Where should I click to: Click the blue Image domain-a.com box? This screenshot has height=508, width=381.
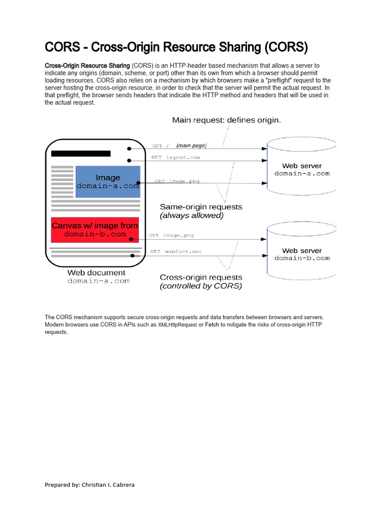click(x=108, y=182)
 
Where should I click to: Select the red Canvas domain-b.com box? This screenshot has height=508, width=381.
click(x=95, y=230)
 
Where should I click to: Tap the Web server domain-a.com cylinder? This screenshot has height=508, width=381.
click(x=302, y=169)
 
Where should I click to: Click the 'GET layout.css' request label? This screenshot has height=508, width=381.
click(x=176, y=157)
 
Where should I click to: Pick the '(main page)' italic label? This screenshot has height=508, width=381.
click(x=191, y=145)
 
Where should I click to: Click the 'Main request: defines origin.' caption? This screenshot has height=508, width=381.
click(x=226, y=120)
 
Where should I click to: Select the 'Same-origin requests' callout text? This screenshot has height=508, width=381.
click(x=201, y=206)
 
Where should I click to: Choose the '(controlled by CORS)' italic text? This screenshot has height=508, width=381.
click(x=200, y=286)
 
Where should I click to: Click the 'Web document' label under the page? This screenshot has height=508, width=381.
click(x=96, y=272)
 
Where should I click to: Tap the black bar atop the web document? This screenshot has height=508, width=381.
click(x=80, y=153)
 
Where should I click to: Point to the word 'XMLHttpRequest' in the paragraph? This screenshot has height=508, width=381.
click(x=178, y=325)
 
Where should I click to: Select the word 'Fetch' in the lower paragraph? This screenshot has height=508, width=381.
click(x=212, y=325)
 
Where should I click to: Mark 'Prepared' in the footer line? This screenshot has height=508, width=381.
click(x=57, y=485)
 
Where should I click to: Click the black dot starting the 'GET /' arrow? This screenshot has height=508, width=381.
click(x=129, y=148)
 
